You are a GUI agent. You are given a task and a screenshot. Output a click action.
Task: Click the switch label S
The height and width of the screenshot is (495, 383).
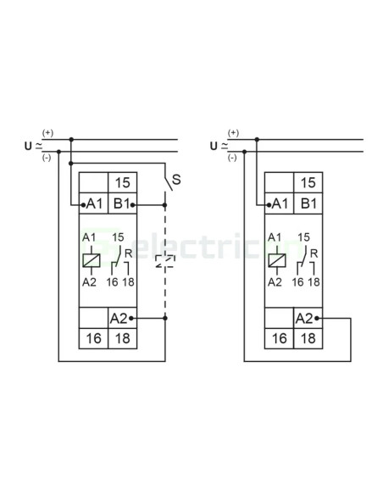(x=176, y=180)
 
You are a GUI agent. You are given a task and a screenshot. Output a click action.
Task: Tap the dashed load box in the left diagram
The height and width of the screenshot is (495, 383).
(x=165, y=262)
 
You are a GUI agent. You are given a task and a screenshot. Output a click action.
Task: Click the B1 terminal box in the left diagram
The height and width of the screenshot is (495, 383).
(x=122, y=203)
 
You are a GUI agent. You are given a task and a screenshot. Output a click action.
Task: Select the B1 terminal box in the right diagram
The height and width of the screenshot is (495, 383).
(x=308, y=203)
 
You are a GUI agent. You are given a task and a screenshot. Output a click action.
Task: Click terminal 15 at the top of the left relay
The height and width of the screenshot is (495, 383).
(x=122, y=182)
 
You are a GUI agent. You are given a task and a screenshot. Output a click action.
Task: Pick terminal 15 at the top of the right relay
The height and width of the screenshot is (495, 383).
(x=308, y=182)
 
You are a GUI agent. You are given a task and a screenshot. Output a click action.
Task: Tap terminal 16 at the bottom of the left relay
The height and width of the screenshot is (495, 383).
(x=93, y=338)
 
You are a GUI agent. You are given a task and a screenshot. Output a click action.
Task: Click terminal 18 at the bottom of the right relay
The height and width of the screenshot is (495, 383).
(x=308, y=338)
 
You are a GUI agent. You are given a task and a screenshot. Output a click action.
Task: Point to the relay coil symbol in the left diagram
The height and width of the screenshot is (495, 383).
(x=92, y=260)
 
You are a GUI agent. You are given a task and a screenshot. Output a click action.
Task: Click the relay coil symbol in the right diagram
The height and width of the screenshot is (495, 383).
(x=277, y=260)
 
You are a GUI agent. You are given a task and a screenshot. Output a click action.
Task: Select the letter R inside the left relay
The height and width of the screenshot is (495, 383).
(x=128, y=253)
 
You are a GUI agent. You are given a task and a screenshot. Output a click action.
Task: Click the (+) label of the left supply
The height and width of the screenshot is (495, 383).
(x=47, y=133)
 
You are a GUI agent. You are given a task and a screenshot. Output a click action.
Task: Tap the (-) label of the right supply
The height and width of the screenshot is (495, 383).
(x=232, y=158)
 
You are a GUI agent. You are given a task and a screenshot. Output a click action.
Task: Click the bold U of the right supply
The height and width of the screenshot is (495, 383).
(x=214, y=146)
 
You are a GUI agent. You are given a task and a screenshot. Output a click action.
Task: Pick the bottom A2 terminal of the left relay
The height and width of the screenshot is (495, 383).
(x=122, y=318)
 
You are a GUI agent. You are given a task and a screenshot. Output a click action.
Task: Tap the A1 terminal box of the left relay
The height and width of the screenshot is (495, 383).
(x=93, y=203)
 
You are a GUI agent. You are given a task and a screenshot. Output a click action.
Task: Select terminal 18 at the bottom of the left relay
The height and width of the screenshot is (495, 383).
(x=122, y=338)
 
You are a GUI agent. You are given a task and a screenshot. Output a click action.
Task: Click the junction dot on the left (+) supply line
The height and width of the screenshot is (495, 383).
(x=71, y=139)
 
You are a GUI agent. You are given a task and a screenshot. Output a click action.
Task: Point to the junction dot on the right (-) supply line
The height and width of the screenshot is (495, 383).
(x=244, y=152)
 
